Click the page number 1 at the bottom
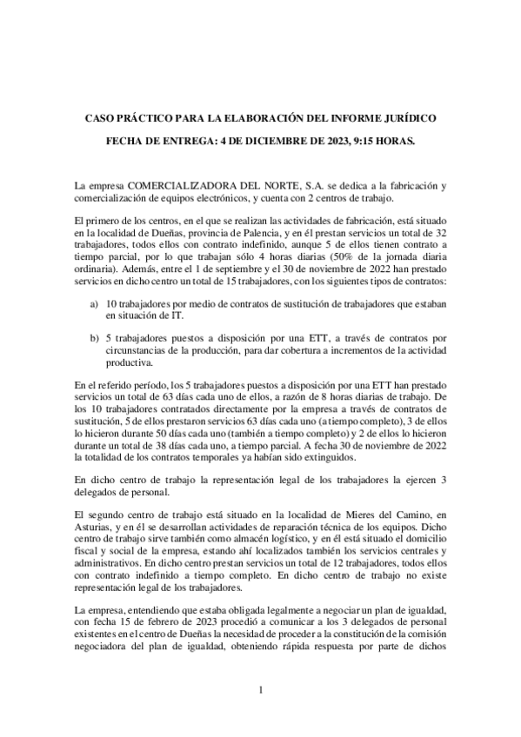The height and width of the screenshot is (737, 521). coord(260,690)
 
